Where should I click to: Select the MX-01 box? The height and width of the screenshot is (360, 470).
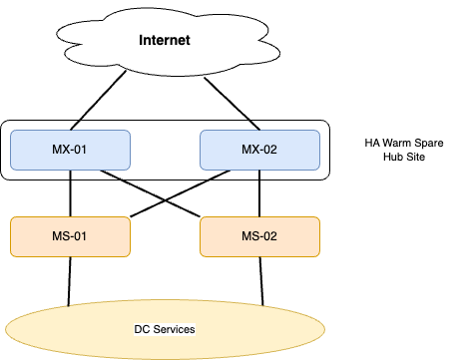coord(70,150)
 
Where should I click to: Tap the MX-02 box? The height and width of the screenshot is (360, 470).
coord(260,150)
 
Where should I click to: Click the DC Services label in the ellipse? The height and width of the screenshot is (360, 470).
coord(165,329)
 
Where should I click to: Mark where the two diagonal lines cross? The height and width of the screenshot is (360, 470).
coord(165,199)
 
